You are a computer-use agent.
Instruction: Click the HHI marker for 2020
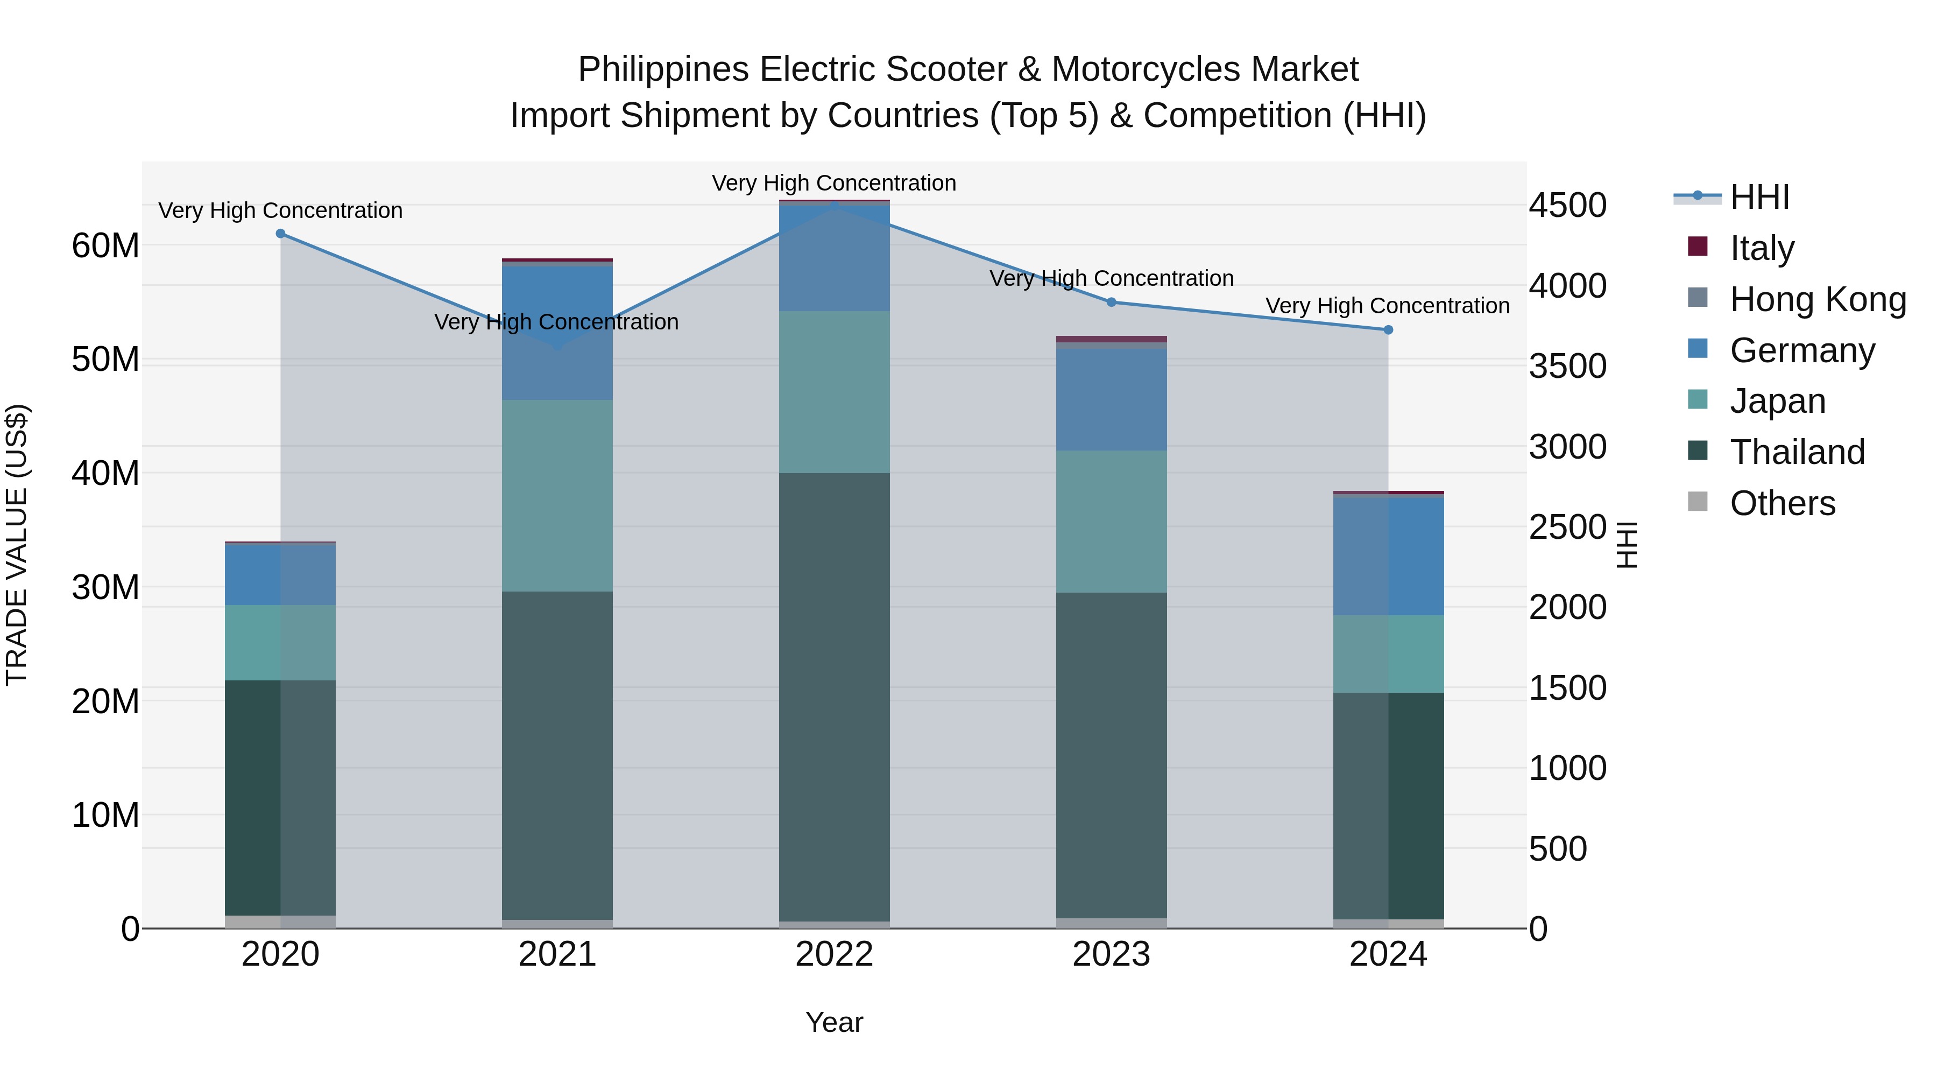tap(280, 234)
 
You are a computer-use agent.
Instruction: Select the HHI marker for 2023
tap(1112, 303)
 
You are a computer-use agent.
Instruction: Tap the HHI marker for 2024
tap(1388, 330)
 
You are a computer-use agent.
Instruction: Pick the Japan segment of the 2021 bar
tap(557, 496)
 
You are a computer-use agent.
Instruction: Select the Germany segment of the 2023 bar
tap(1112, 399)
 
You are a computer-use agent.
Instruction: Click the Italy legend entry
tap(1761, 248)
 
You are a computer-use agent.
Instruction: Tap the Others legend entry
tap(1782, 503)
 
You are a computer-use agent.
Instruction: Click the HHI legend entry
tap(1758, 197)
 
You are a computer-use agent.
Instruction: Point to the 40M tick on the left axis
tap(105, 473)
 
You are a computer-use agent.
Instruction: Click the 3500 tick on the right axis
tap(1568, 367)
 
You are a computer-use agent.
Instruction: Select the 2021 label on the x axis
tap(557, 954)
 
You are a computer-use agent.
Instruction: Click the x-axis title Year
tap(834, 1022)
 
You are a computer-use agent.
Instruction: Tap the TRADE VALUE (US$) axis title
tap(17, 545)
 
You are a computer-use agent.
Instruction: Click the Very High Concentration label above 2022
tap(834, 183)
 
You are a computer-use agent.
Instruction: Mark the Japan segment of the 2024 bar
tap(1388, 653)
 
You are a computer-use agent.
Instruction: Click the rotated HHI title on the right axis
tap(1627, 545)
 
